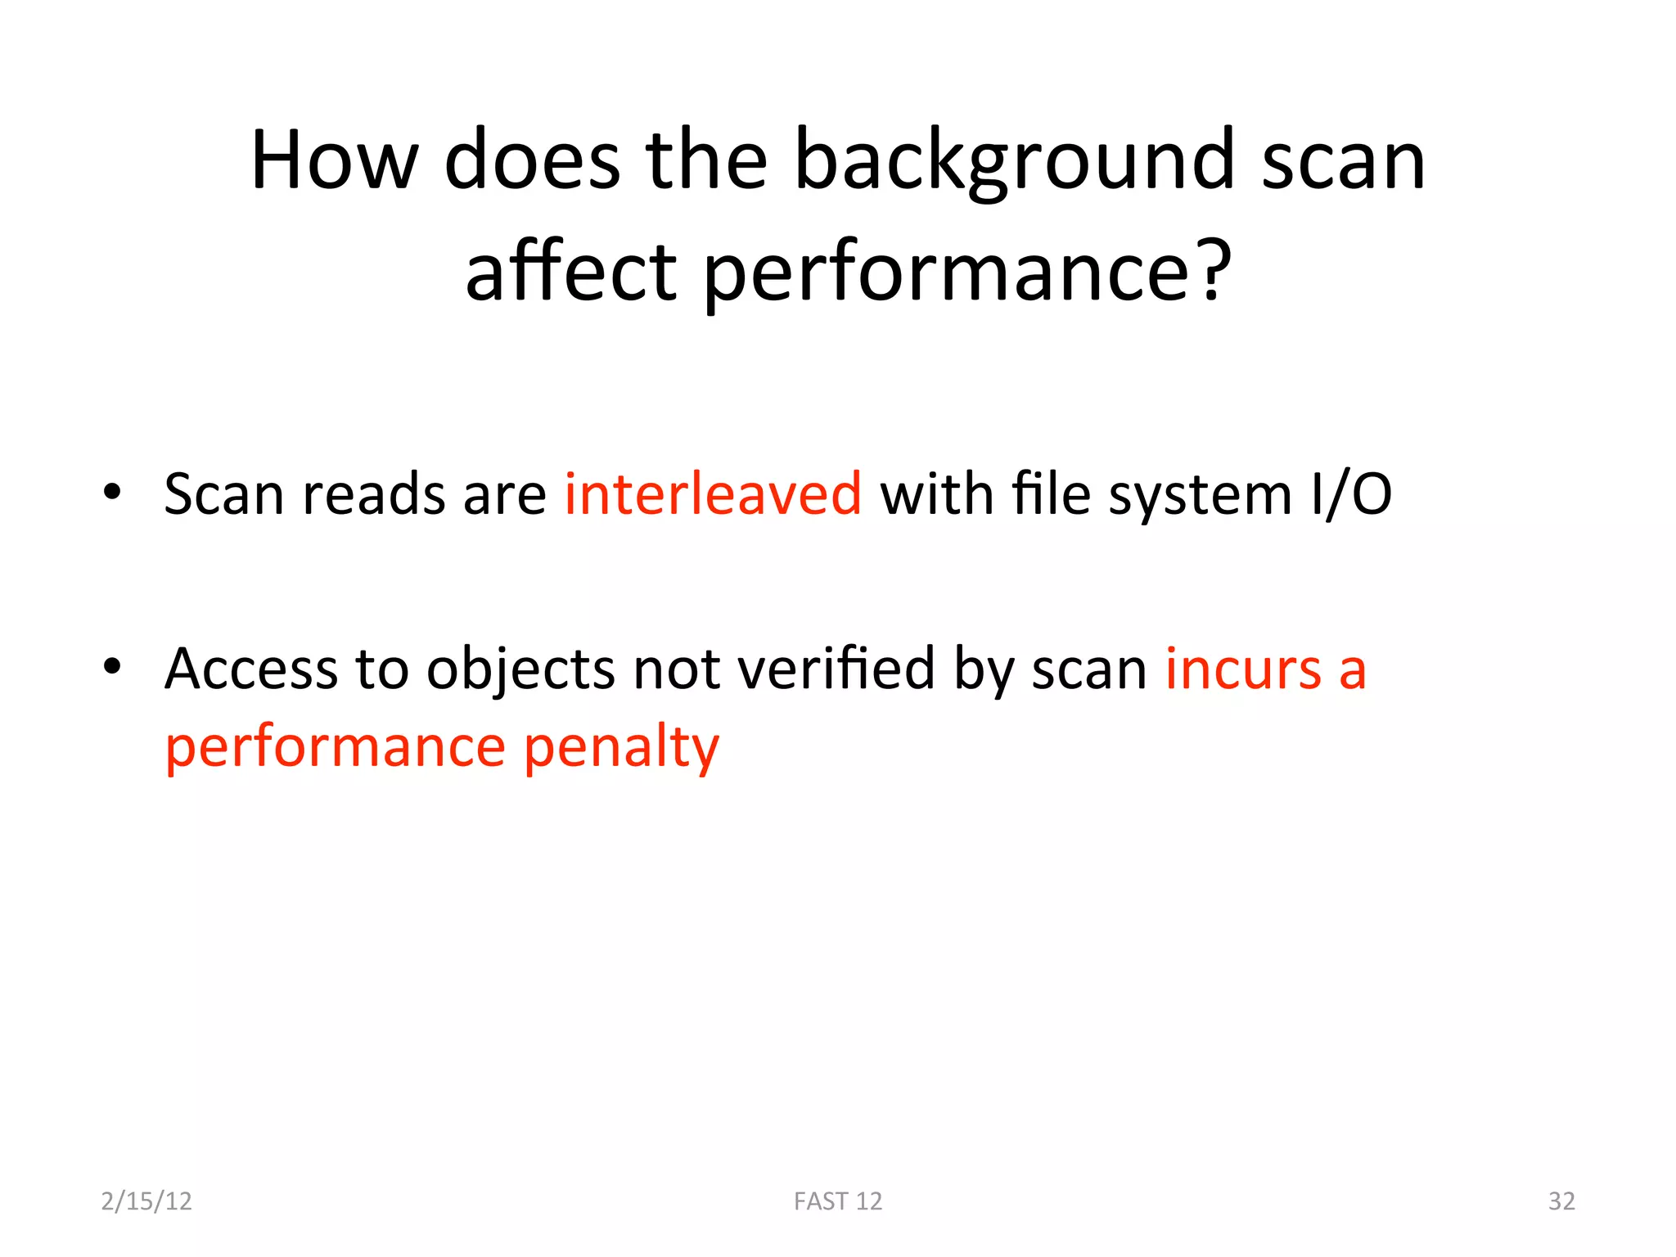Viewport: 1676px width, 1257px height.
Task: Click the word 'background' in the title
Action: [x=1014, y=161]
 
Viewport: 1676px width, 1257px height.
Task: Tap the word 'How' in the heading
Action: [x=334, y=161]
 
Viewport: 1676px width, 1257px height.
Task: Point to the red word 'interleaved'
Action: [x=713, y=494]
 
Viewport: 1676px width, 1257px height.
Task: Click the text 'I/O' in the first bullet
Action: [x=1350, y=494]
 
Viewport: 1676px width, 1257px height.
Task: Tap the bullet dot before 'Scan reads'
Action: [x=113, y=492]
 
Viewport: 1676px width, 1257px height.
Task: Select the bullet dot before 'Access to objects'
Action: [x=113, y=666]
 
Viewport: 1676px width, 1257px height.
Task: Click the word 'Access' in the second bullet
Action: [x=251, y=669]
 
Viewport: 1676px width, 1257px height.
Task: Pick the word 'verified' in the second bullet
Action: [x=836, y=669]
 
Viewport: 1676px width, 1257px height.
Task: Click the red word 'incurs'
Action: [x=1243, y=669]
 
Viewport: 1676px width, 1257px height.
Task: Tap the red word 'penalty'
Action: [x=621, y=748]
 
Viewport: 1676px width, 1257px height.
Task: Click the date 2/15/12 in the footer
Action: [x=146, y=1201]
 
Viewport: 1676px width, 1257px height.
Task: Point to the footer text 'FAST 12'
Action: [x=838, y=1201]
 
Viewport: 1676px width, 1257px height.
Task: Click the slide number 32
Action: [x=1561, y=1201]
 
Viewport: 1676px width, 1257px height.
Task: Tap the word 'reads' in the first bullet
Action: [x=374, y=494]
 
